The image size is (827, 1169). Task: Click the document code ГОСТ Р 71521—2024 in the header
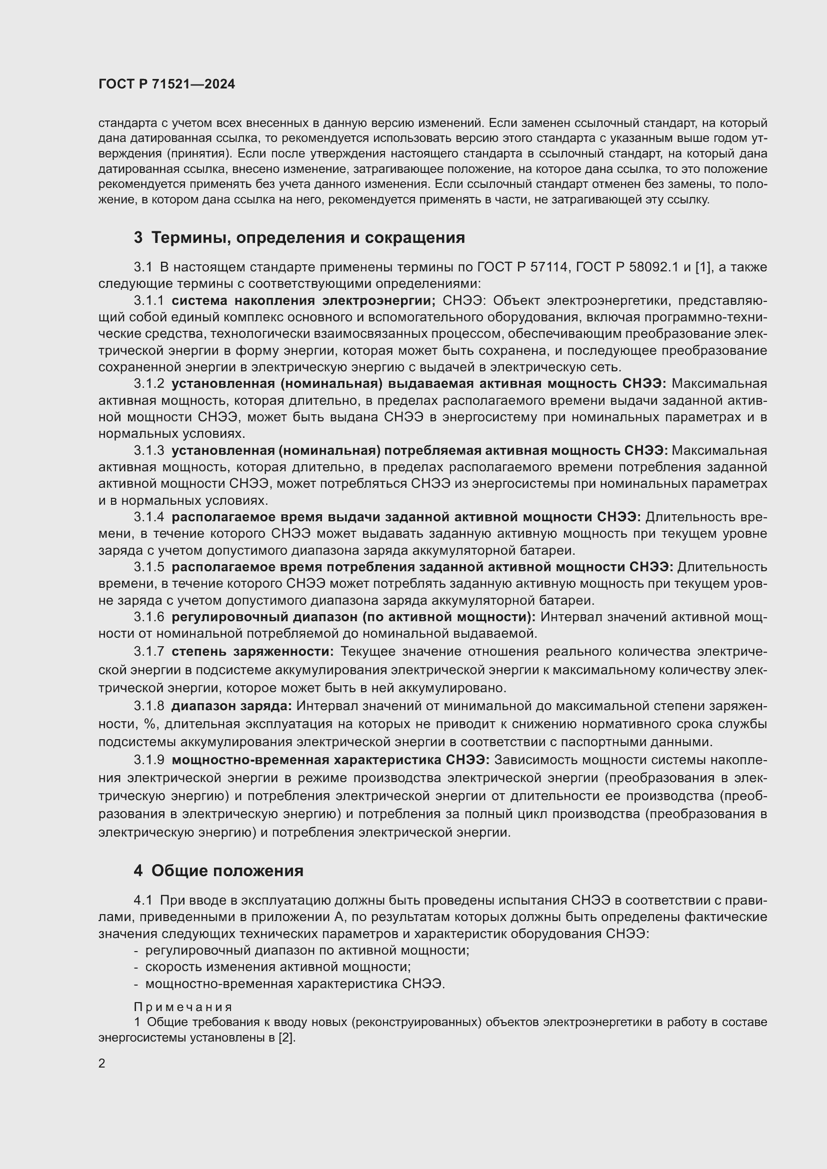tap(166, 84)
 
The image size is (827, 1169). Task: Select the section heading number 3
tap(138, 237)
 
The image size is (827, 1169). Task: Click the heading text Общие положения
tap(227, 871)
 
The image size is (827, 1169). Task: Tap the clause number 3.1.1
tap(148, 300)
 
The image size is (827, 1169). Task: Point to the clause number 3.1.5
tap(148, 567)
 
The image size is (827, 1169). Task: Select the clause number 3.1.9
tap(148, 760)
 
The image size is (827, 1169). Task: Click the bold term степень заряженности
tap(252, 652)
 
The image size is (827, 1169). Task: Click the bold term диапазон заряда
tap(231, 706)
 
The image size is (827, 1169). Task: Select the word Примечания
tap(183, 1007)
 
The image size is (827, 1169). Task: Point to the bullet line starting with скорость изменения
tap(278, 967)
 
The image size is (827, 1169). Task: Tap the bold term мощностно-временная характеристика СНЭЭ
tap(330, 760)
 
